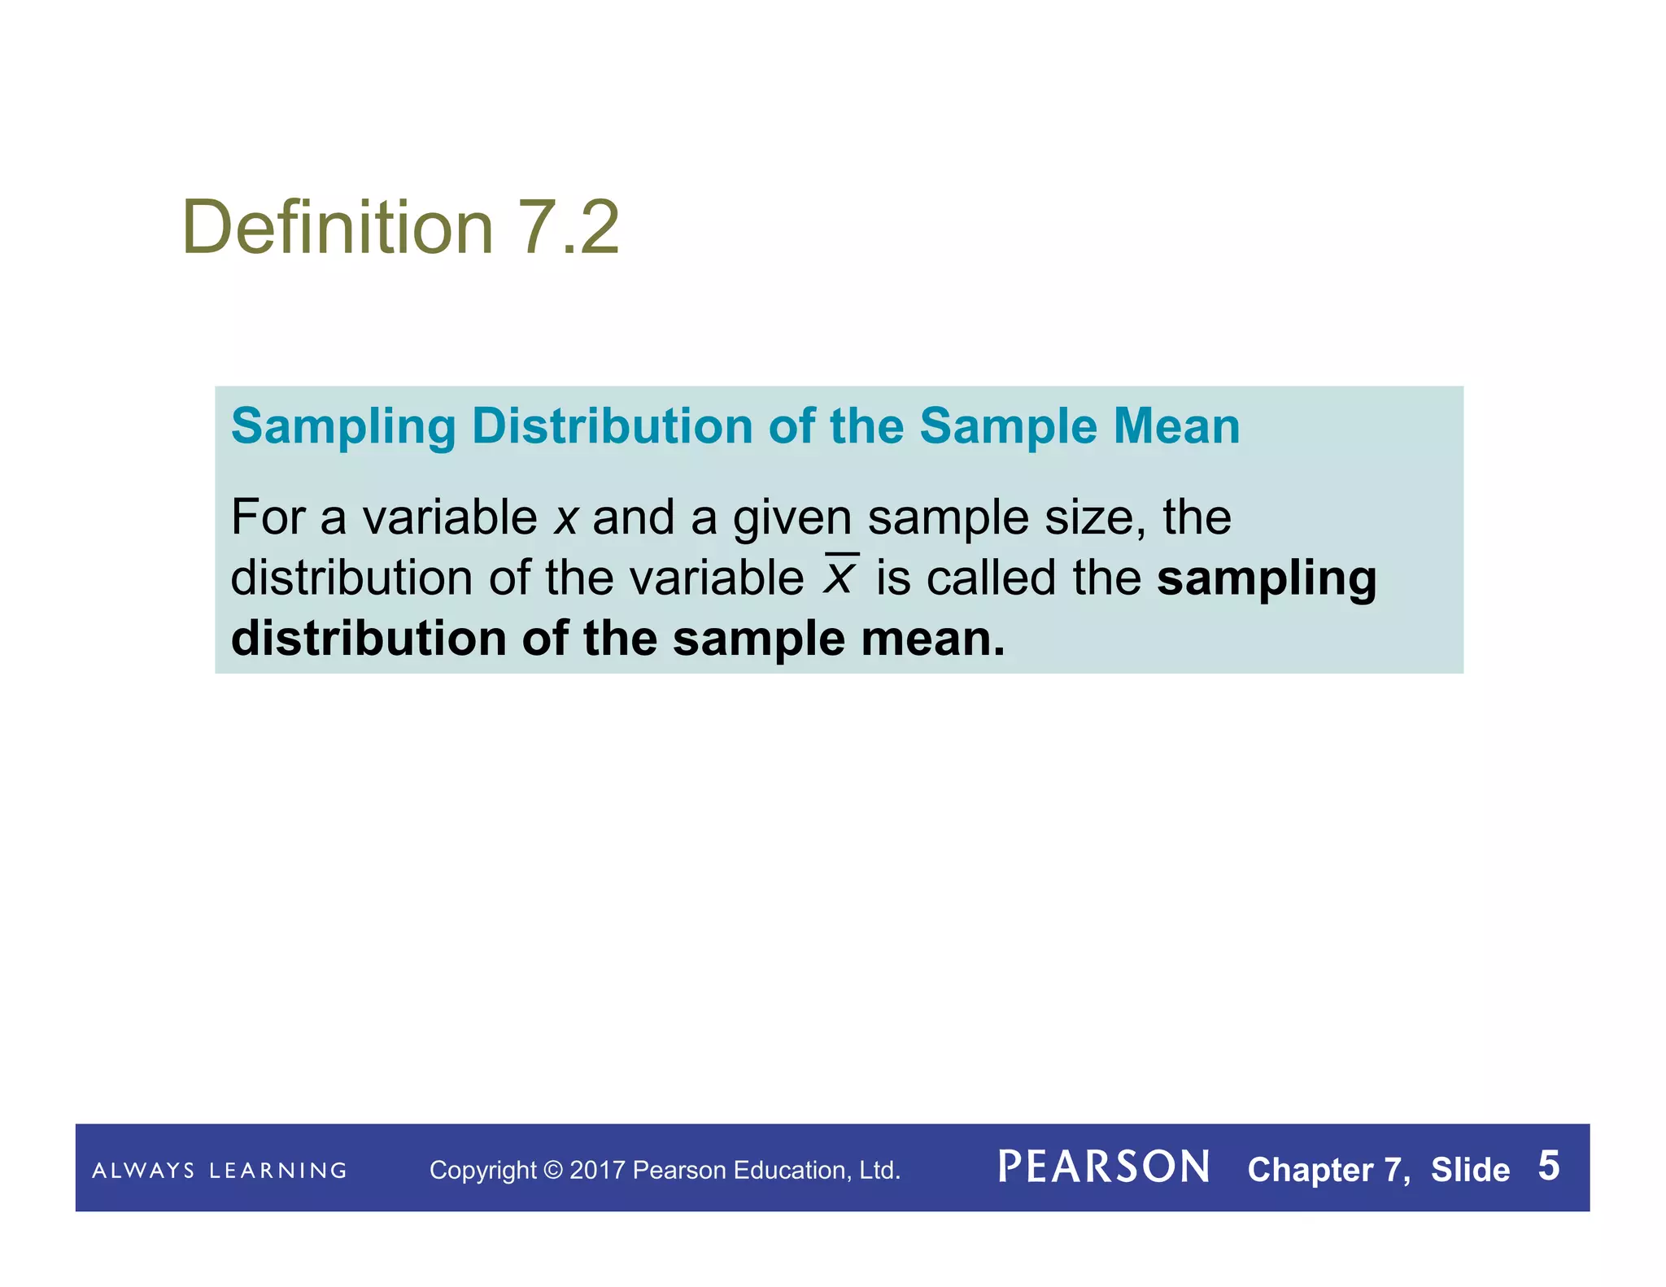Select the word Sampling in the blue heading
click(343, 427)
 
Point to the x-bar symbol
click(840, 575)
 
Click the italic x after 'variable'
click(565, 518)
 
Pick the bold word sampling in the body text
click(1267, 579)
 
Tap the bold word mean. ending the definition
click(933, 639)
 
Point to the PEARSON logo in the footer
click(1103, 1167)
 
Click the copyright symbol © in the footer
click(552, 1170)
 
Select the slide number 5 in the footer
click(1548, 1166)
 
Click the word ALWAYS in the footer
click(143, 1171)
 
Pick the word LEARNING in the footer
click(278, 1171)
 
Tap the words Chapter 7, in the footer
click(1328, 1170)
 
